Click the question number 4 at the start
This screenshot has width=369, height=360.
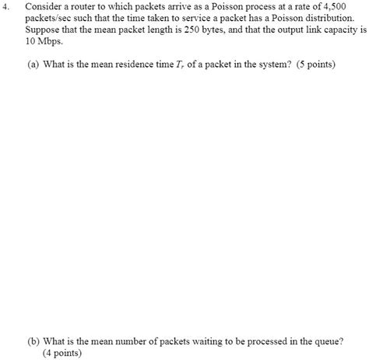click(x=6, y=5)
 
